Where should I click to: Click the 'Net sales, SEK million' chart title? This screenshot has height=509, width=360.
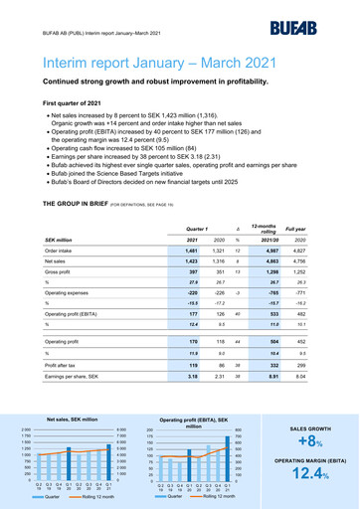pos(72,420)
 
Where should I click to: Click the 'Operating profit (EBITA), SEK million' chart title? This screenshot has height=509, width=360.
pos(194,423)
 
